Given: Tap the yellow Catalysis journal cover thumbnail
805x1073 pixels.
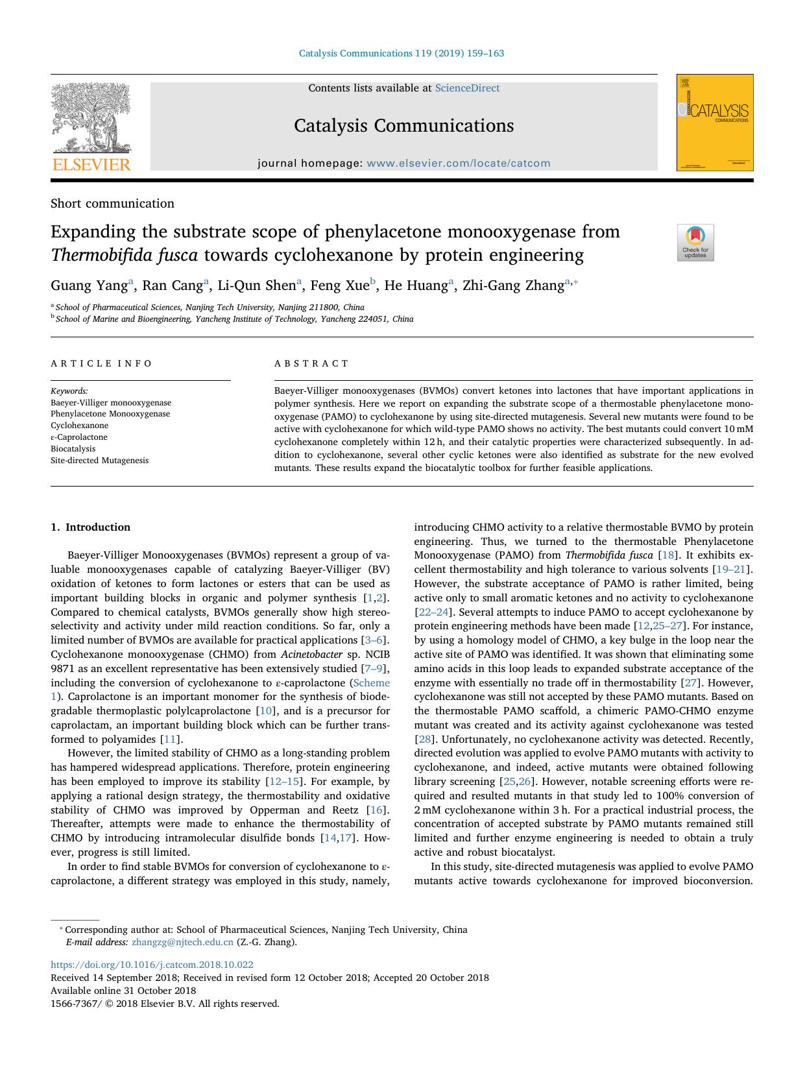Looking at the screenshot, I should tap(715, 123).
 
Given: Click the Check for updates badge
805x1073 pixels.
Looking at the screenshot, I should tap(695, 243).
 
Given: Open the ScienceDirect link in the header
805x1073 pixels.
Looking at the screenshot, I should tap(467, 88).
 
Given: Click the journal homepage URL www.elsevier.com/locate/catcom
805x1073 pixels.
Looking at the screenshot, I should tap(458, 163).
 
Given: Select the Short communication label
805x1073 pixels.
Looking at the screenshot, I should tap(112, 204).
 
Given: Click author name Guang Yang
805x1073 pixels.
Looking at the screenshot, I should tap(90, 285).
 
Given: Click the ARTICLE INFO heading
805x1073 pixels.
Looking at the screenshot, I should tap(102, 363).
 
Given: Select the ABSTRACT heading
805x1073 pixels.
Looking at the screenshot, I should tap(311, 363).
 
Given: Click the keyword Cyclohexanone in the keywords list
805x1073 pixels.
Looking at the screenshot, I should tap(80, 426).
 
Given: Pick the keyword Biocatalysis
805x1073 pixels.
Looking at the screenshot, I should tap(73, 449).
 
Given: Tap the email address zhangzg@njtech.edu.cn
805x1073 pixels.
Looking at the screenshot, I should tap(182, 943).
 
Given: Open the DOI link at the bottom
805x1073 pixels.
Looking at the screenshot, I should tap(152, 965).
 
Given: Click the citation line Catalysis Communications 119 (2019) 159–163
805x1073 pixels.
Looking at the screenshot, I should tap(401, 53).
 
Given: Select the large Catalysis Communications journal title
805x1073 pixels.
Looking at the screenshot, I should tap(403, 126).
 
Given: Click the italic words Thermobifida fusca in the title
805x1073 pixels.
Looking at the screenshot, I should tap(124, 255).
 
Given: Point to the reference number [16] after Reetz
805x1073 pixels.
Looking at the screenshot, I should tap(376, 810).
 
